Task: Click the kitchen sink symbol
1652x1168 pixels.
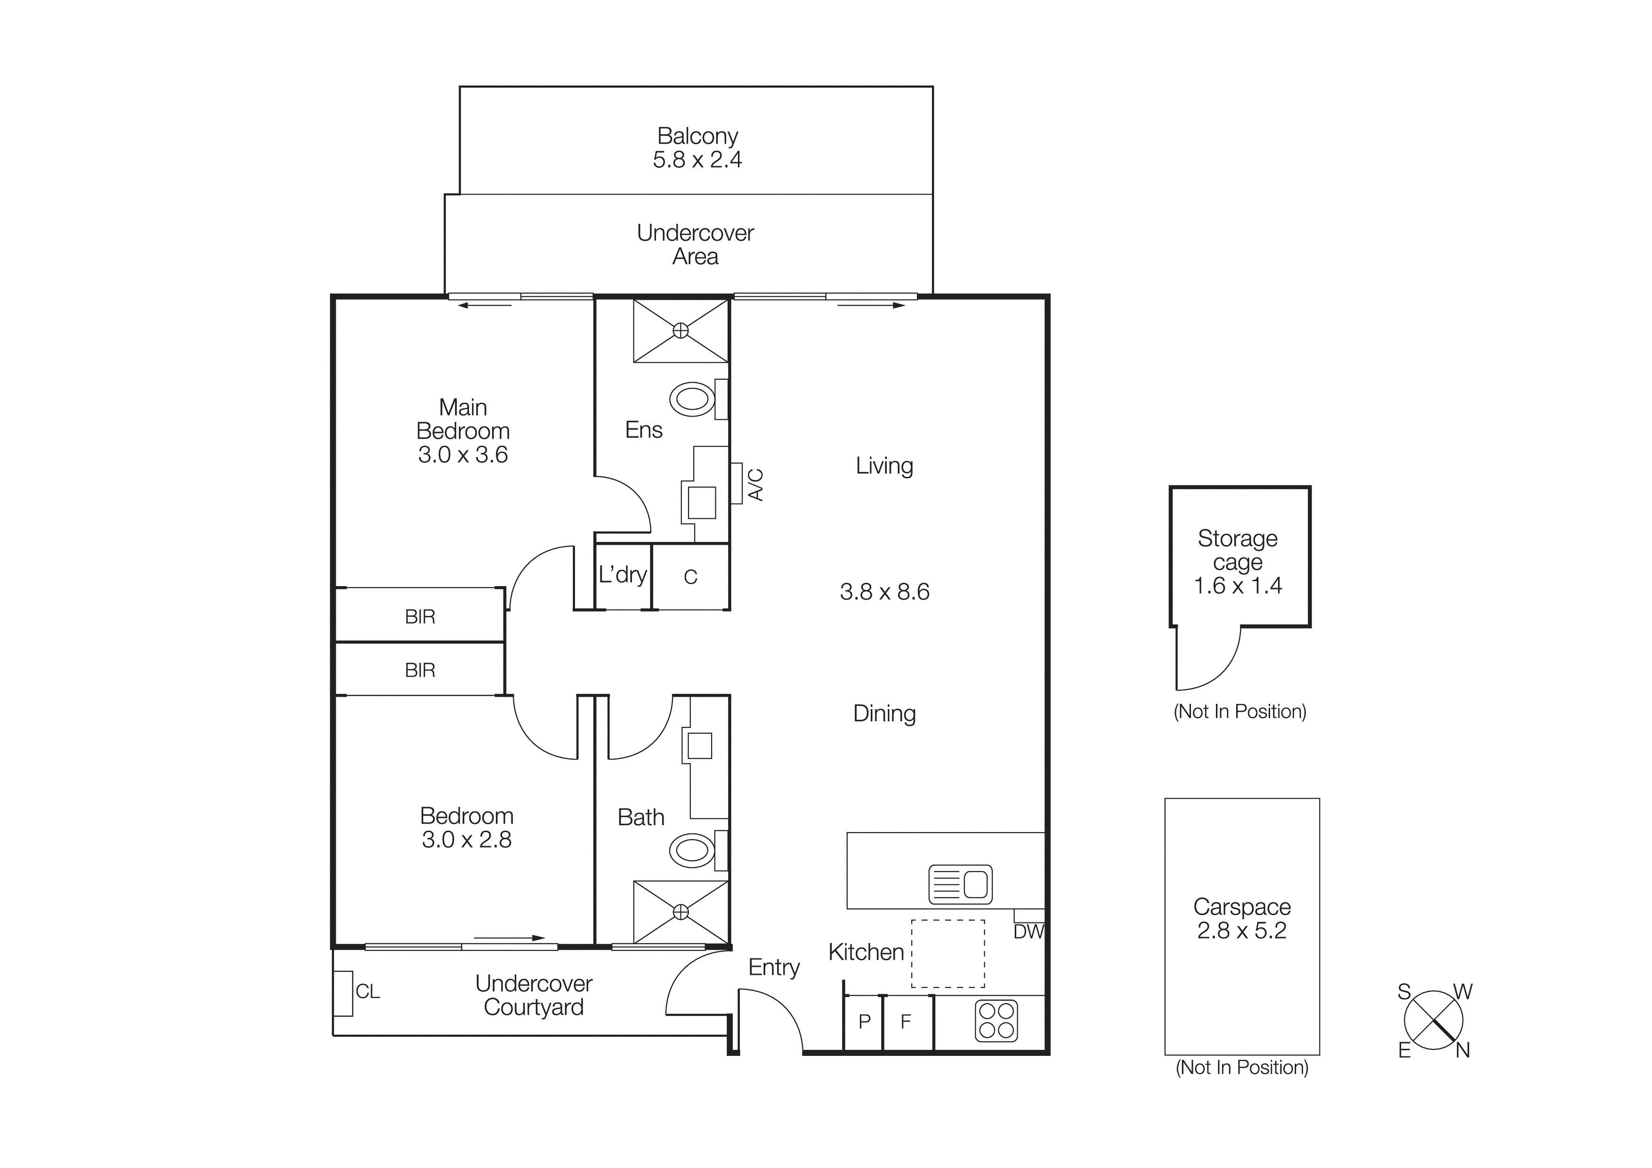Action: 961,884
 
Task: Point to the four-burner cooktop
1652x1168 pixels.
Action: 996,1021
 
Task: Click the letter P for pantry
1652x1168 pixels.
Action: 865,1021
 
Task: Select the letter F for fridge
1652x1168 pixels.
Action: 906,1021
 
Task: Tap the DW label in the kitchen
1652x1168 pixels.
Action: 1028,932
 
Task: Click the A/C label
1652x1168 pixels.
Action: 755,484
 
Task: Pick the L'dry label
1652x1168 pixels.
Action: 623,575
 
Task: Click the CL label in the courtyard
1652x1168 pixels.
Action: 368,992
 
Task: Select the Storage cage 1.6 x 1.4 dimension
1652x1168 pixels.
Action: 1238,586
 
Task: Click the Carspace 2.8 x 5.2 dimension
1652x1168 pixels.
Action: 1242,931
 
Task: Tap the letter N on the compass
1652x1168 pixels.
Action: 1463,1051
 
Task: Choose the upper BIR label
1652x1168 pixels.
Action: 420,617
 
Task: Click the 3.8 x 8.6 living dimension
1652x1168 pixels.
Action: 884,592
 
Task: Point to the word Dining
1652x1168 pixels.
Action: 884,714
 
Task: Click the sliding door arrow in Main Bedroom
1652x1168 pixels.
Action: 485,306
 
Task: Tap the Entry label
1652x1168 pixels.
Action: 773,967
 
